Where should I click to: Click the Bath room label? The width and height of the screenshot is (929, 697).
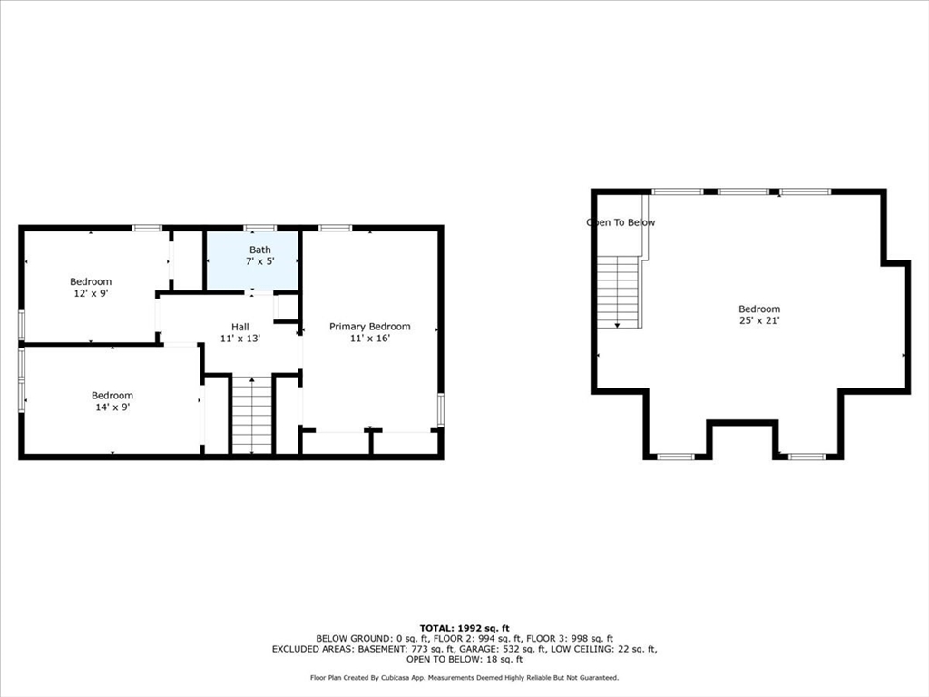click(x=260, y=250)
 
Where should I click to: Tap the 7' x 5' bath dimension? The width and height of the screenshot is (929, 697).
click(x=260, y=261)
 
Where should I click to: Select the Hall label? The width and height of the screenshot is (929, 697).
click(x=240, y=326)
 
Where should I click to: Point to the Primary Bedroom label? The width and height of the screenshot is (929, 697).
click(x=369, y=327)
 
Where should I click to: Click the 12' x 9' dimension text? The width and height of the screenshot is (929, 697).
click(x=91, y=293)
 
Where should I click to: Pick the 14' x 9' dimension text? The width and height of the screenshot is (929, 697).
click(x=112, y=407)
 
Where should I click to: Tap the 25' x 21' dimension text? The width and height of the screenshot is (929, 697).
click(x=759, y=320)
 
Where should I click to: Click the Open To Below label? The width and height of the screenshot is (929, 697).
click(x=621, y=222)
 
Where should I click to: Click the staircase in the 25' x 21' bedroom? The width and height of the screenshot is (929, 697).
click(x=619, y=290)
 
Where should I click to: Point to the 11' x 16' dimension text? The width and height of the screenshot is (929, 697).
click(x=369, y=339)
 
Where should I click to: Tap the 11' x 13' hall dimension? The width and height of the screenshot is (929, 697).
click(x=240, y=338)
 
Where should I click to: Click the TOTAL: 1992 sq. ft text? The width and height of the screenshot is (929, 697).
click(x=464, y=628)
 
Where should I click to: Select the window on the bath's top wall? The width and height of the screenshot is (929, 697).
click(x=260, y=228)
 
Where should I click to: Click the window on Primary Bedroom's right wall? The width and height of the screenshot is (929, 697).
click(x=441, y=409)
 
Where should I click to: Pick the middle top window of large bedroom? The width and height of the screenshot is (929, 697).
click(x=743, y=191)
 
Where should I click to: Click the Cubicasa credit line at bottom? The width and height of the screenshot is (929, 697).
click(x=464, y=678)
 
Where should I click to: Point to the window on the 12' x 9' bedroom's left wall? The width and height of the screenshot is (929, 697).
click(x=22, y=325)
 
